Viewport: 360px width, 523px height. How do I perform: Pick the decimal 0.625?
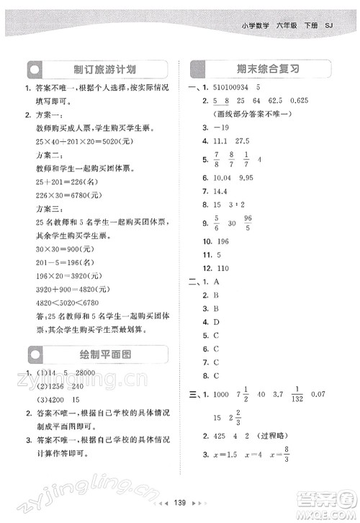click(304, 101)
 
